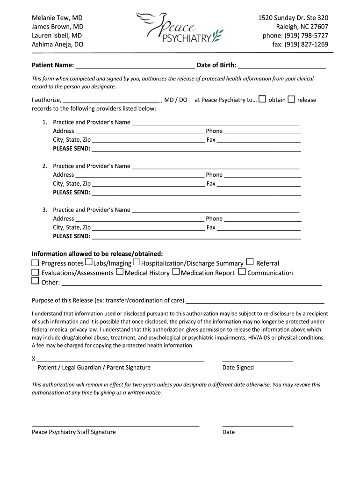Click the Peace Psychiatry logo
[x=180, y=28]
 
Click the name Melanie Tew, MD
[x=57, y=18]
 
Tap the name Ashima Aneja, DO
[x=58, y=44]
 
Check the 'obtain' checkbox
[x=263, y=99]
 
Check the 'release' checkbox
[x=291, y=99]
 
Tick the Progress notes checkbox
[x=35, y=262]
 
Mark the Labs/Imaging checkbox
[x=89, y=262]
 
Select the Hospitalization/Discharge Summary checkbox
[x=137, y=262]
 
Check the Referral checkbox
[x=250, y=262]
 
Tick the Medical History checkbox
[x=120, y=271]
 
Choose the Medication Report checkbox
[x=176, y=271]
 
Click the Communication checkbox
[x=242, y=271]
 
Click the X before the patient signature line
[x=34, y=359]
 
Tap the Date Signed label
[x=238, y=368]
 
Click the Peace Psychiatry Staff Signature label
[x=73, y=432]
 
